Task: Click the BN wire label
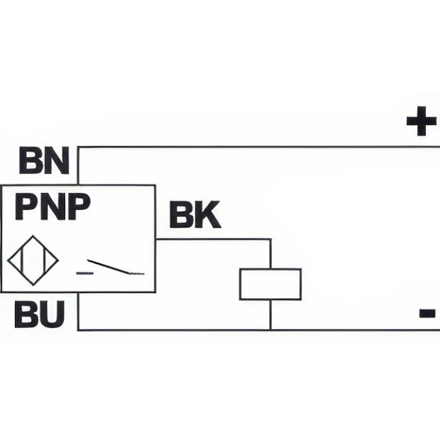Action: click(44, 161)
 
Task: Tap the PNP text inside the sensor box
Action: click(53, 208)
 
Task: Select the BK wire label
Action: click(195, 216)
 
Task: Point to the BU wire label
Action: click(40, 315)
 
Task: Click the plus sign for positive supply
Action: click(420, 122)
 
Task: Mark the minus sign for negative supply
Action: click(427, 314)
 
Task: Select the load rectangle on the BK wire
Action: click(270, 284)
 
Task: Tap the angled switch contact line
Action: click(108, 266)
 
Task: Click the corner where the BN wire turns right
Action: click(78, 147)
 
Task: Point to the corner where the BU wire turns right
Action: click(78, 330)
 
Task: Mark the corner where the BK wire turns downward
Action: click(270, 239)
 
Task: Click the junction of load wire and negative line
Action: click(270, 330)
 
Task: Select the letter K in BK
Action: click(208, 216)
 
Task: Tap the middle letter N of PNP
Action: click(53, 208)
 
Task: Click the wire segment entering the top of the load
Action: click(270, 254)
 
